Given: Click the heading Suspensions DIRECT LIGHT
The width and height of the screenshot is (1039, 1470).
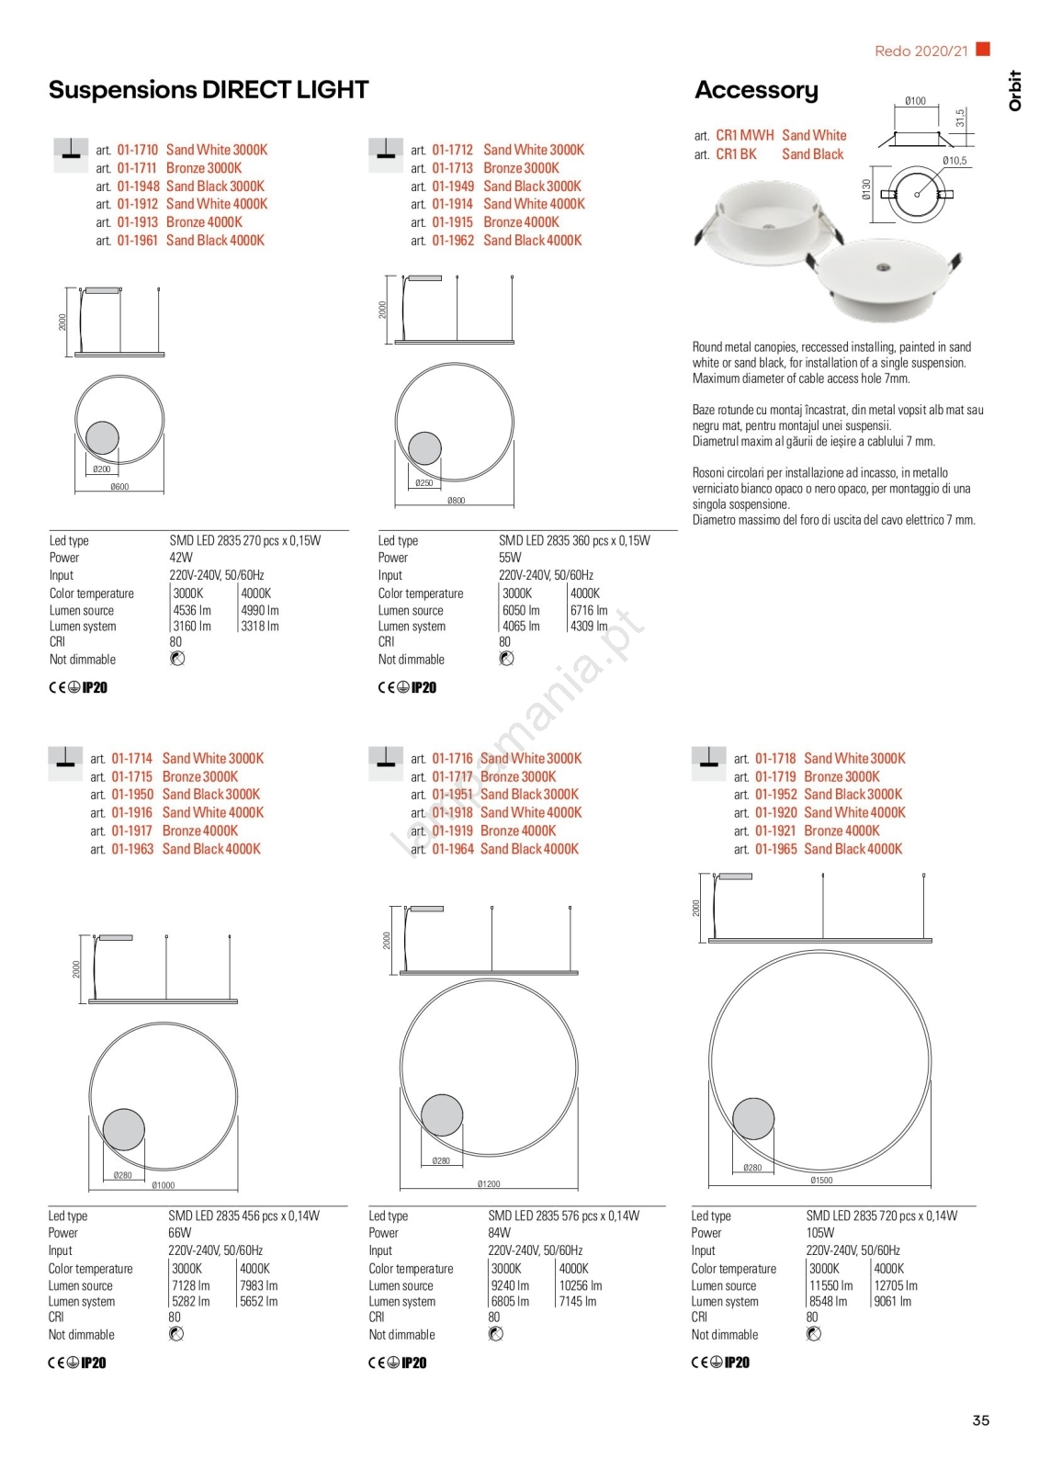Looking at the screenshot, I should (x=209, y=90).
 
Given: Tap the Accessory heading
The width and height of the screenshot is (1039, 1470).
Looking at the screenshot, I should (x=756, y=90).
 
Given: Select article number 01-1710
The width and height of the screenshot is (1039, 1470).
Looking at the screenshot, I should (x=138, y=150).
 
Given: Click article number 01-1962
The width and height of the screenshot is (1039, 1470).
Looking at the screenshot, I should (x=453, y=241).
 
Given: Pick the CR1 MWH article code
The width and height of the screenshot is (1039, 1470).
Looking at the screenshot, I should (x=745, y=135).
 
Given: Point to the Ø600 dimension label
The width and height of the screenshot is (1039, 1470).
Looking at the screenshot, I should (x=119, y=487).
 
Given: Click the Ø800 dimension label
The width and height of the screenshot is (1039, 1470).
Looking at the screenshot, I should (x=456, y=501).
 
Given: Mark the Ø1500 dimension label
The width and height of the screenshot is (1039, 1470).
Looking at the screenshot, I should (x=821, y=1180).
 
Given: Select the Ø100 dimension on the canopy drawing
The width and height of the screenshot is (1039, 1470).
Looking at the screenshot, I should (x=915, y=101).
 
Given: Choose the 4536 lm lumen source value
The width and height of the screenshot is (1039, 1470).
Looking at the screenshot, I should (x=192, y=610).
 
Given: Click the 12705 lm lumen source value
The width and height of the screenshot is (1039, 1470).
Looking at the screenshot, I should (x=896, y=1285).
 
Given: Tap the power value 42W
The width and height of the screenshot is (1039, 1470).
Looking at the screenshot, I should (x=181, y=558).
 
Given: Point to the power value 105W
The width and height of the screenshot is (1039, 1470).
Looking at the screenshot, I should (x=820, y=1233).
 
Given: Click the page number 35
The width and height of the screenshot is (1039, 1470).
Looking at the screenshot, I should (x=980, y=1420).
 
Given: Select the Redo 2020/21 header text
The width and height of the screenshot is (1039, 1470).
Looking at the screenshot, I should (x=920, y=51).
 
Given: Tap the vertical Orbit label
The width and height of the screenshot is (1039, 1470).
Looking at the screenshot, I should (x=1015, y=91).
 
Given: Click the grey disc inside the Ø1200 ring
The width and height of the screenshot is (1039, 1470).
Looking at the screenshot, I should (x=442, y=1115).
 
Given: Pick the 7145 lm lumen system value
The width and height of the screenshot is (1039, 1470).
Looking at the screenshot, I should (x=578, y=1301).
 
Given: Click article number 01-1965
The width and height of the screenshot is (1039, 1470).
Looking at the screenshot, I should (x=776, y=849).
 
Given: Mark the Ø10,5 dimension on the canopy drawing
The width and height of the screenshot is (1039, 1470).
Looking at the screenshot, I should (x=954, y=161).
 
